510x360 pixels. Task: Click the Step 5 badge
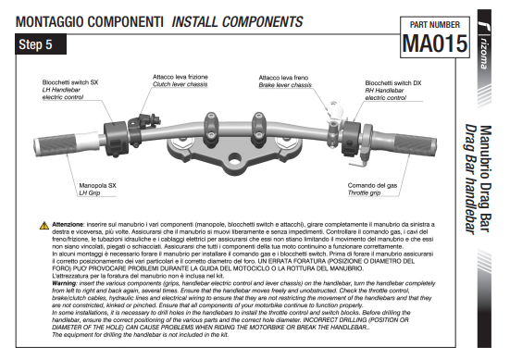(41, 44)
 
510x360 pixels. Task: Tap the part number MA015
(435, 43)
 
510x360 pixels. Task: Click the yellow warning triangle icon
(44, 226)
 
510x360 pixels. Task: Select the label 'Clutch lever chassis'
(180, 84)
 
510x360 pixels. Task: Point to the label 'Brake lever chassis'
(285, 85)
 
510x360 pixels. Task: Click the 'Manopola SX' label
(97, 186)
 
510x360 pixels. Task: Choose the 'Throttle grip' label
(364, 192)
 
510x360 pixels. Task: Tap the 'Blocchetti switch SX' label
(70, 82)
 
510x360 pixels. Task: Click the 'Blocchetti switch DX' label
(392, 83)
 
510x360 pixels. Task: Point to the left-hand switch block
(116, 139)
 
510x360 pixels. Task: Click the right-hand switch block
(351, 139)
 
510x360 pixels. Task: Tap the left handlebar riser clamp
(211, 129)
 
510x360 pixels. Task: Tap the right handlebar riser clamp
(259, 129)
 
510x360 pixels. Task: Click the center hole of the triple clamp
(234, 159)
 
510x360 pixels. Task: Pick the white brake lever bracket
(335, 111)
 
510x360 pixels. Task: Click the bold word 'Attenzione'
(68, 224)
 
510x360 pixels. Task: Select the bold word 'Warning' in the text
(64, 283)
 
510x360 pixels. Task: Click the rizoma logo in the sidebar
(484, 45)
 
